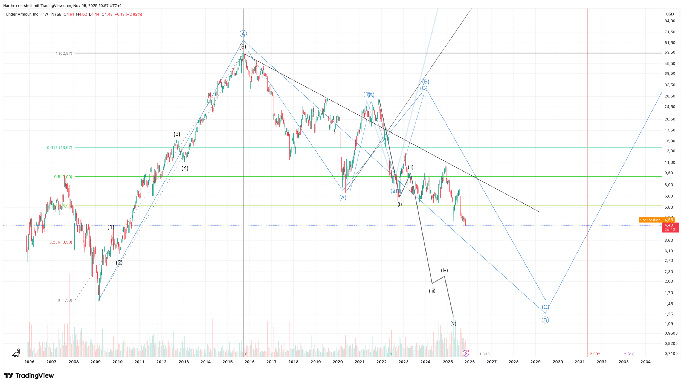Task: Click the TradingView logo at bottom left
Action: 29,375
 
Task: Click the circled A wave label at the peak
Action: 243,34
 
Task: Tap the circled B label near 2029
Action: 545,320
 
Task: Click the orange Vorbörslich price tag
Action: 650,220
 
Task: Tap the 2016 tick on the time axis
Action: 249,362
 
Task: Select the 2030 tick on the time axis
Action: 558,362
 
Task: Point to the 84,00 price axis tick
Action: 670,21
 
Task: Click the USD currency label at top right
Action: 670,14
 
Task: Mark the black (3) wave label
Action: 177,134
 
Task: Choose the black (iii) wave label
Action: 432,291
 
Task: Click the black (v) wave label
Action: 453,323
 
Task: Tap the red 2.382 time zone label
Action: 595,354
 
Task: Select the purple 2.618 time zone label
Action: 629,354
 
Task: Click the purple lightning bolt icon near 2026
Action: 466,353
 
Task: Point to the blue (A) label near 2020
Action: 343,198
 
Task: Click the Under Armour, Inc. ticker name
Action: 22,14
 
